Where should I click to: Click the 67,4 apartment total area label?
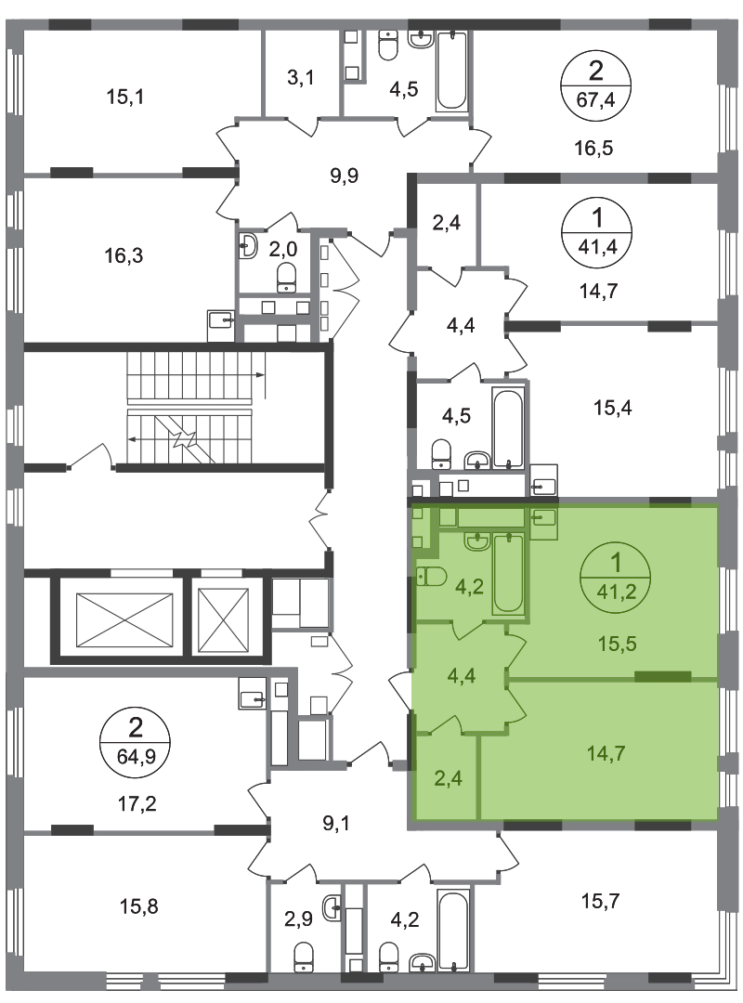[x=595, y=99]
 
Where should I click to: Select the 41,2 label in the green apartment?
[x=616, y=592]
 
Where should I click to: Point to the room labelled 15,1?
[x=124, y=98]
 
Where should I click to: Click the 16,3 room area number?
[x=124, y=256]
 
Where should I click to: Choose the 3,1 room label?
[x=300, y=79]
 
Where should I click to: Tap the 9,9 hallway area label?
[x=345, y=176]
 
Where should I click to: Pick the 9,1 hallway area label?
[x=336, y=823]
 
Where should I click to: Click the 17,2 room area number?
[x=137, y=803]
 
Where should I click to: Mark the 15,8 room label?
[x=139, y=906]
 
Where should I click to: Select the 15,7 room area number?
[x=600, y=901]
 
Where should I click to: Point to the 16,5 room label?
[x=593, y=149]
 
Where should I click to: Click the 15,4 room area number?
[x=612, y=408]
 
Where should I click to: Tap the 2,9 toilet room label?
[x=299, y=919]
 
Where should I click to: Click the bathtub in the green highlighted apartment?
[x=508, y=573]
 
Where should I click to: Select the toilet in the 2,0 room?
[x=287, y=280]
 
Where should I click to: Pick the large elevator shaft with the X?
[x=124, y=619]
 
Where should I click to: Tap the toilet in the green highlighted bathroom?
[x=431, y=577]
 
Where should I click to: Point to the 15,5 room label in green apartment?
[x=617, y=644]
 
